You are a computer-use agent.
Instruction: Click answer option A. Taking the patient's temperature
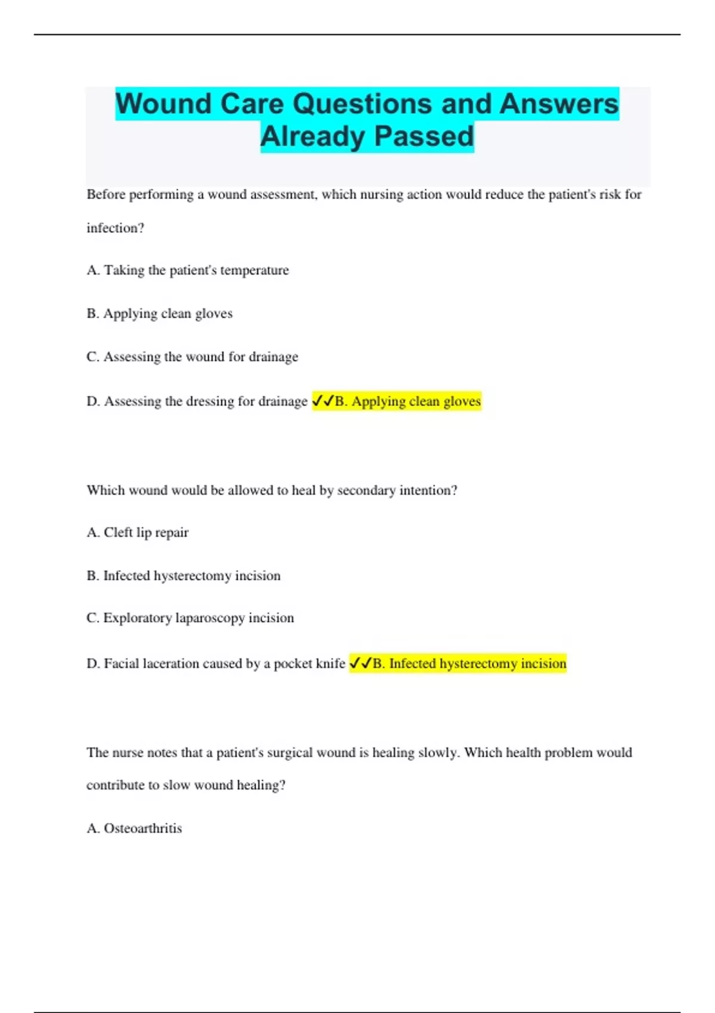point(188,271)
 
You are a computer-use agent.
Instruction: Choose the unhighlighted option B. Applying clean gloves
point(160,313)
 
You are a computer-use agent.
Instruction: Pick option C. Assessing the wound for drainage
point(192,357)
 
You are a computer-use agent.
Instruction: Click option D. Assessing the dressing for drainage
point(197,402)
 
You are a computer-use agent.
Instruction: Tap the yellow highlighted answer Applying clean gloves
point(408,402)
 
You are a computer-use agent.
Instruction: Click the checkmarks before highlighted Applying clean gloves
point(324,402)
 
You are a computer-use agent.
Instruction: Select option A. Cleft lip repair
point(138,533)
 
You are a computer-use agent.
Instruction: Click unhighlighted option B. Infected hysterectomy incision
point(184,576)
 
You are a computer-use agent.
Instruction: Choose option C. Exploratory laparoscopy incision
point(190,618)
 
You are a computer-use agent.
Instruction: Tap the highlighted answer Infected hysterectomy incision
point(470,664)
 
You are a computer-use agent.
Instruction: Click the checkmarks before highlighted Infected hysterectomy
point(360,664)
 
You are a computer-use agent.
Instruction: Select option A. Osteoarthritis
point(134,828)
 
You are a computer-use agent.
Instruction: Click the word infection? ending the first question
point(116,228)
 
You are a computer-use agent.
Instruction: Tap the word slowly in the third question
point(438,753)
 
